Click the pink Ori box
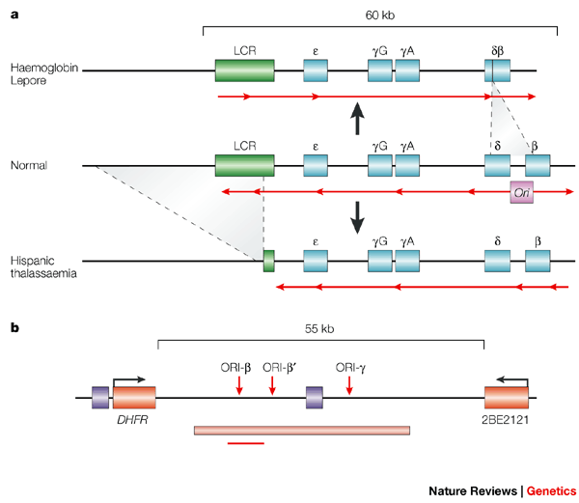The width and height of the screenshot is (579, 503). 521,192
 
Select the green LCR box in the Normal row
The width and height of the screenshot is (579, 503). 245,166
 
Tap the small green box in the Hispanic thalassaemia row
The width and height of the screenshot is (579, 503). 269,261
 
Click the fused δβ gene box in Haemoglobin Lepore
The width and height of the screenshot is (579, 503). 497,70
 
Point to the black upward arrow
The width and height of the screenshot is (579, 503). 357,119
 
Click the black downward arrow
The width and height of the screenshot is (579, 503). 357,217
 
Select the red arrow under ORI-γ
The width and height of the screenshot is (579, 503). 349,385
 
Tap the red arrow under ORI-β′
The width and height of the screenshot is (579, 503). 272,385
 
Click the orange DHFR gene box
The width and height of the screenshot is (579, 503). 134,398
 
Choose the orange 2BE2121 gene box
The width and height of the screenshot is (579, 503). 507,398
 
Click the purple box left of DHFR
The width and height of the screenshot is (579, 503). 100,398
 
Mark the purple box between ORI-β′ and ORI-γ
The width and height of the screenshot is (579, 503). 315,398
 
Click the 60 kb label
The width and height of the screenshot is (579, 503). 380,15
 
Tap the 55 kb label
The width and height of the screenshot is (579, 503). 319,328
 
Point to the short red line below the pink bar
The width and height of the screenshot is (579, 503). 246,443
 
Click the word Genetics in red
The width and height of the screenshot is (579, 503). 551,491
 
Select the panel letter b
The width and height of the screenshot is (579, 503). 14,327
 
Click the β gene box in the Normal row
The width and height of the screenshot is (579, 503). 538,166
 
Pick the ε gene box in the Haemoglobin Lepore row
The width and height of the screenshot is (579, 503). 316,70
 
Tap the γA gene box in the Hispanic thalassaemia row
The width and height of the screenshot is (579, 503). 407,261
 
